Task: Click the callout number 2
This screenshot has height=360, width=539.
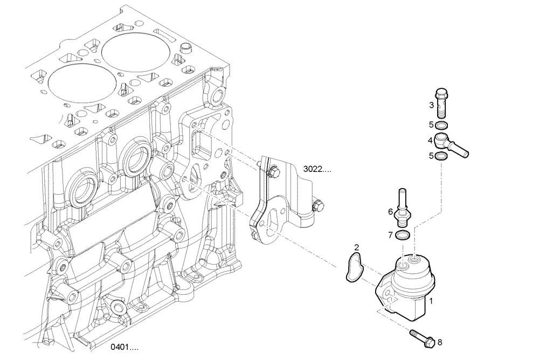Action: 356,247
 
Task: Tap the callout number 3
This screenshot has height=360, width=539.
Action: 431,105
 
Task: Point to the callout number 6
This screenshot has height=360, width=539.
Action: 390,212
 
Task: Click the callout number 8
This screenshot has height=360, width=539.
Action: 439,342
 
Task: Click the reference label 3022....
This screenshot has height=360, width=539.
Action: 316,169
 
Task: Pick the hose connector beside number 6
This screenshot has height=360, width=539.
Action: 402,208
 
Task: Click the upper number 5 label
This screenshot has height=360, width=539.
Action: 431,124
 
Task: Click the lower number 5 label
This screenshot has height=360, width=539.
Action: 431,156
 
